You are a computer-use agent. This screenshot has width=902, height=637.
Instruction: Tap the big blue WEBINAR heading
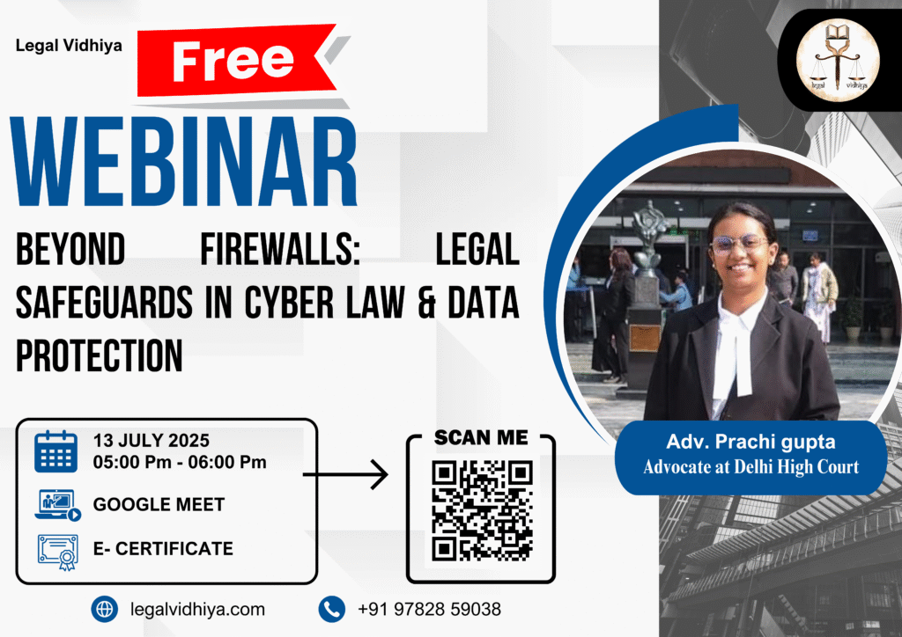coord(184,161)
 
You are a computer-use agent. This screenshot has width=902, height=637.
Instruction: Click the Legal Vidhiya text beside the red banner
coord(69,46)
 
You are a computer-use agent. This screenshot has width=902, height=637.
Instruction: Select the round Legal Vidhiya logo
coord(838,60)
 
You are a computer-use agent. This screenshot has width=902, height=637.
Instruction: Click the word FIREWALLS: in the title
coord(280,249)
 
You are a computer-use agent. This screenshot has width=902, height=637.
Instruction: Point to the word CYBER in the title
coord(289,302)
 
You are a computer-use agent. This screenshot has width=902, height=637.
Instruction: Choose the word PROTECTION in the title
coord(99,355)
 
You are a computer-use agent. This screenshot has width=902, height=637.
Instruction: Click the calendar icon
coord(55,451)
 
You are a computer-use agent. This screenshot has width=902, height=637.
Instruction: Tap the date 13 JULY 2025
coord(152,441)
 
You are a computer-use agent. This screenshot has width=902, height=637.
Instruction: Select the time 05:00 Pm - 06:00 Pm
coord(180,462)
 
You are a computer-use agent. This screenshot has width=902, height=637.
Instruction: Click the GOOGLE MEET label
coord(159,504)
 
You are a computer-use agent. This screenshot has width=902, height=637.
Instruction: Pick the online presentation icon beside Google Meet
coord(57,505)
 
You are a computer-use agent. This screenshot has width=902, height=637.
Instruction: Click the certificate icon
coord(57,552)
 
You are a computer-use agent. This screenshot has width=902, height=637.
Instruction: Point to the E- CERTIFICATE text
coord(163,548)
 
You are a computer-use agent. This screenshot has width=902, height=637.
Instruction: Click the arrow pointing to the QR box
coord(345,474)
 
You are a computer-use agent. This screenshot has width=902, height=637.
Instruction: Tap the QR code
coord(482,510)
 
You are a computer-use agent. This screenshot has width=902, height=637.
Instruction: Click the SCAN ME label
coord(481,437)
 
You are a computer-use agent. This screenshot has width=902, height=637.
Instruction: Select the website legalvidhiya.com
coord(197,609)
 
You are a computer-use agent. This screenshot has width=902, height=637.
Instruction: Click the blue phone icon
coord(332,609)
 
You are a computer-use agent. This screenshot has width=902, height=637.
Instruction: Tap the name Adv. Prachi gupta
coord(750,442)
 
